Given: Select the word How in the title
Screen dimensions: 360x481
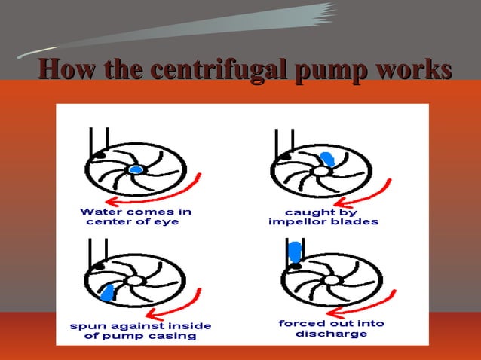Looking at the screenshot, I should point(66,70).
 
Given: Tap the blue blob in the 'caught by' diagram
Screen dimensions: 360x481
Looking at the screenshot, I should point(328,158).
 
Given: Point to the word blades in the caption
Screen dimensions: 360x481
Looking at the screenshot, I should point(357,223).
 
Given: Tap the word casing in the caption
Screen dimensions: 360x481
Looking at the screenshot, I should point(175,337).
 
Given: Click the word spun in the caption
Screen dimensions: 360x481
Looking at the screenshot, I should point(84,326).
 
